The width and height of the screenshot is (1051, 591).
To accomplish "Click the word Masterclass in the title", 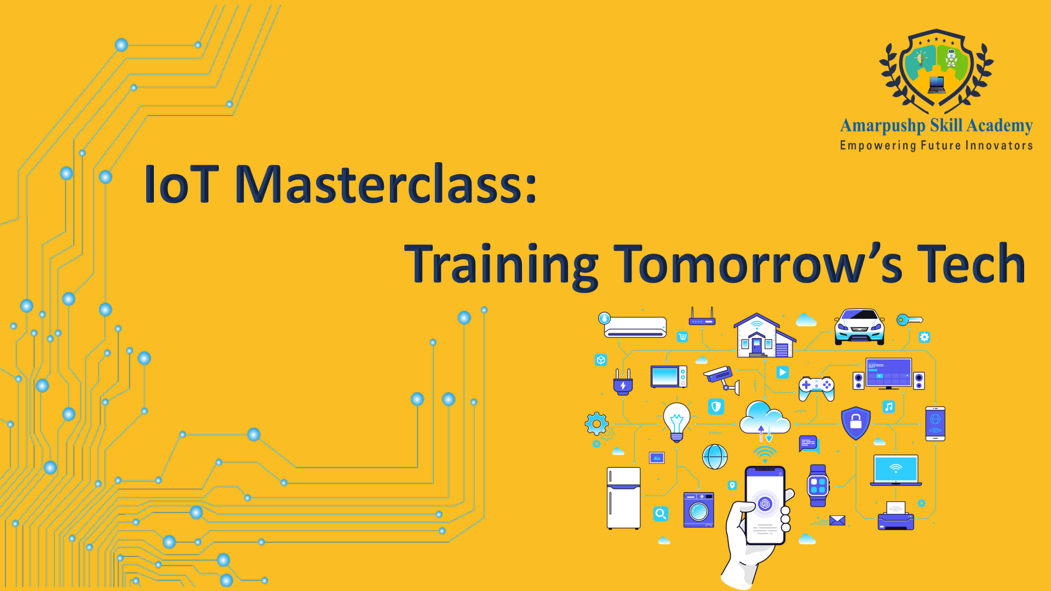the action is pyautogui.click(x=386, y=183).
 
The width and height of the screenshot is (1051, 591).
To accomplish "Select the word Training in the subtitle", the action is pyautogui.click(x=501, y=265).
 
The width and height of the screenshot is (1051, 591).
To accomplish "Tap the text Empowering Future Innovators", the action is pyautogui.click(x=937, y=146).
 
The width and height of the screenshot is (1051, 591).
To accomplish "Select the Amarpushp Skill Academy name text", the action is pyautogui.click(x=937, y=126).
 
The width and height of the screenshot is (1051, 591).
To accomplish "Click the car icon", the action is pyautogui.click(x=859, y=326).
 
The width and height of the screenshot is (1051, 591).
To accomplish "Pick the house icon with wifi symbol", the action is pyautogui.click(x=764, y=335).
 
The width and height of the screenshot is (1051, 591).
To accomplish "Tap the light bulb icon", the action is pyautogui.click(x=677, y=421).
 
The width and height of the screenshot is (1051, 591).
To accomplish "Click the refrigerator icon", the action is pyautogui.click(x=624, y=498).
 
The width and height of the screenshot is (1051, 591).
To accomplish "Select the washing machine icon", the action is pyautogui.click(x=699, y=510).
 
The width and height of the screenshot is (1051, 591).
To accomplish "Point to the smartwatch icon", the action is pyautogui.click(x=818, y=485).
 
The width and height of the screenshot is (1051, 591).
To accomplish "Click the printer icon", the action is pyautogui.click(x=896, y=516).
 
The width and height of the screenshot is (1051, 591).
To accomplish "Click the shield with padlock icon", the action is pyautogui.click(x=856, y=423).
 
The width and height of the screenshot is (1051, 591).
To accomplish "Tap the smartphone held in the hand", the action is pyautogui.click(x=765, y=506).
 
